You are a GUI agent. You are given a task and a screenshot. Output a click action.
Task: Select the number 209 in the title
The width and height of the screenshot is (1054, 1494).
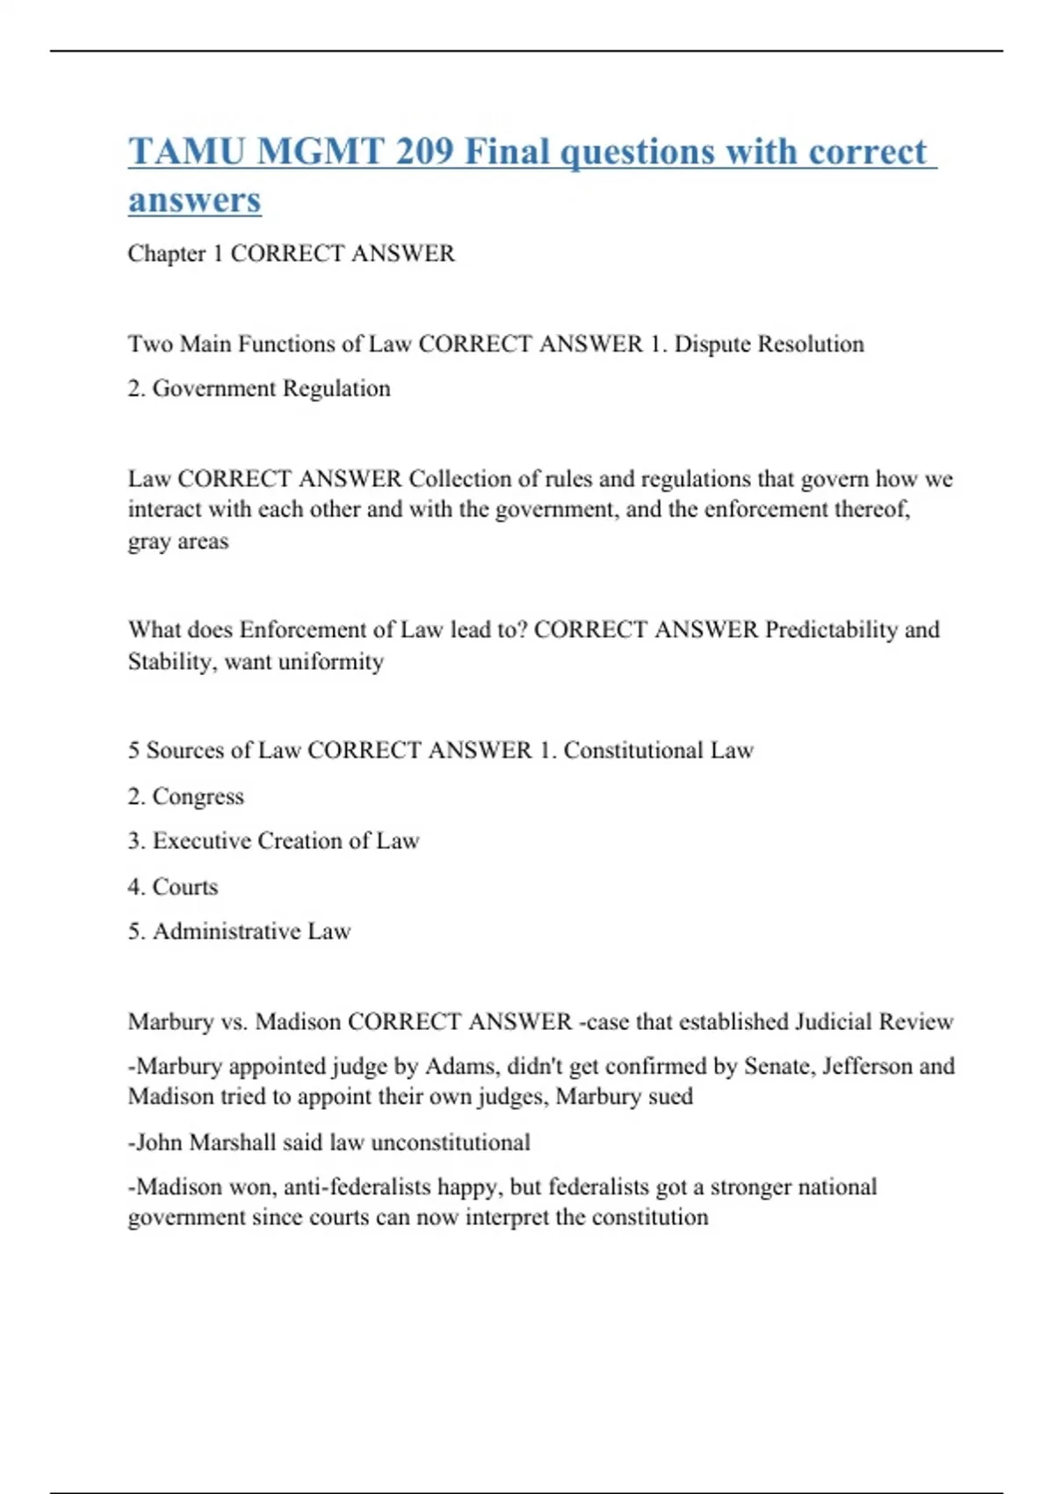pos(424,152)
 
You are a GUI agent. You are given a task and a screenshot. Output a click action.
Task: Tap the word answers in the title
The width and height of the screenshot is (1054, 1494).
pos(194,199)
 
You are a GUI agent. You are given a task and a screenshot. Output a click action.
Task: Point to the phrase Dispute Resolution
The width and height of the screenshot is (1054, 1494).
pos(769,344)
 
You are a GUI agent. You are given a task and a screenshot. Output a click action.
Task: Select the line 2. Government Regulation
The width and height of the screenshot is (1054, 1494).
pos(259,388)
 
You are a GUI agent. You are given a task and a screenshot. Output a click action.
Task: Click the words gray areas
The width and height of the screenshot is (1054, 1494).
pos(178,541)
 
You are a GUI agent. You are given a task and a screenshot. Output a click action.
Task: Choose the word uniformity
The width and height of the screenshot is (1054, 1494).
pos(330,662)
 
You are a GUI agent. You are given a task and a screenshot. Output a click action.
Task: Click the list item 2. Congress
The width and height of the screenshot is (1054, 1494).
pos(185,796)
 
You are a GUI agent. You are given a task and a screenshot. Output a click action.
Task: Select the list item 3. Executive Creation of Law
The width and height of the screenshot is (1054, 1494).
pos(273,841)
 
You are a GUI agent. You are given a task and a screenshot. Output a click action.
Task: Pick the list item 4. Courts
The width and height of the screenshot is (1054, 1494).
pos(173,887)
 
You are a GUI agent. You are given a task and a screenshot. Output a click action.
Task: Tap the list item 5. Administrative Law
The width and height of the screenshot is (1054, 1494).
pos(239,932)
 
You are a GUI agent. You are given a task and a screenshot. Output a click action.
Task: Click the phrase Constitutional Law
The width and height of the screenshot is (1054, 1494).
pos(658,751)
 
